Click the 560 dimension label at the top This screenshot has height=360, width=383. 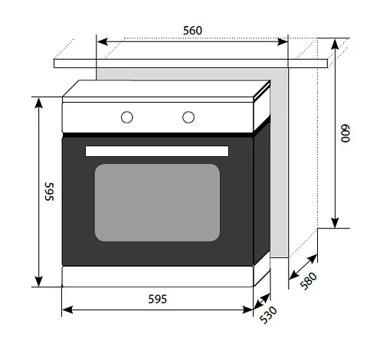click(192, 31)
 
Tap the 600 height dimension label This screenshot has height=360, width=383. click(345, 133)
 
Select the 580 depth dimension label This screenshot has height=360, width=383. click(309, 281)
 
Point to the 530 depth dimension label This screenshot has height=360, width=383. click(268, 315)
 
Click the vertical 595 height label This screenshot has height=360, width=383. click(49, 191)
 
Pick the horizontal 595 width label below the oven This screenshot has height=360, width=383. click(158, 299)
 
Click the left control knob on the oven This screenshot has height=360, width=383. click(127, 117)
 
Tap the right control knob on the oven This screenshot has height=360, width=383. click(188, 117)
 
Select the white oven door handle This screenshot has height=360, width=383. click(157, 151)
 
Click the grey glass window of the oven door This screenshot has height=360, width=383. click(157, 202)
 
